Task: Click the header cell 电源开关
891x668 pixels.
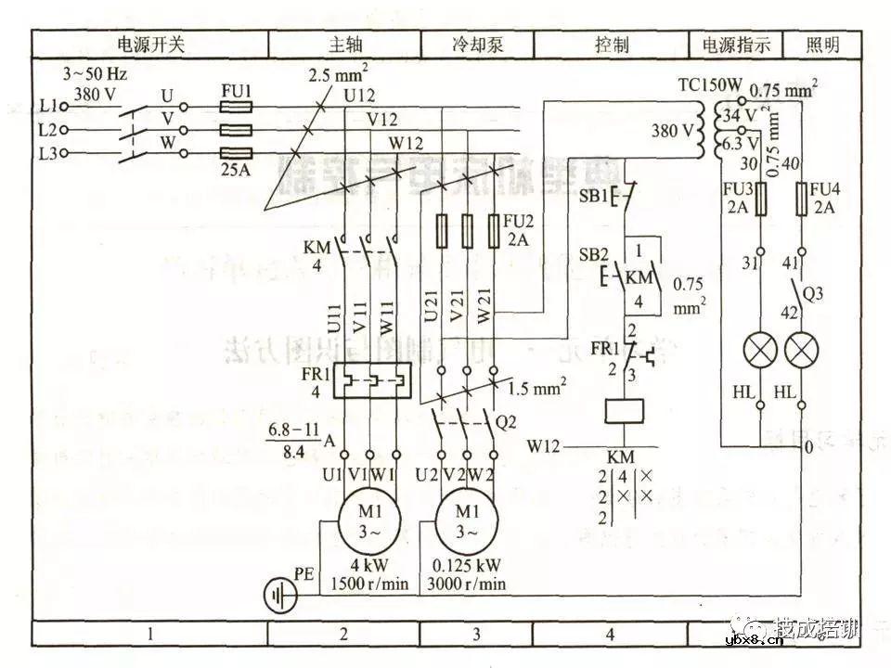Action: click(x=151, y=44)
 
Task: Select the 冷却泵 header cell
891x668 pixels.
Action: click(x=477, y=44)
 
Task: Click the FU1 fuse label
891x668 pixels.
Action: click(x=236, y=92)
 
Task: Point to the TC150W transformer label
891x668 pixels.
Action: click(x=710, y=85)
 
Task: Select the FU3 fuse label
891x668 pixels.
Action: click(x=736, y=190)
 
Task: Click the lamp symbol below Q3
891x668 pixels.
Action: click(x=801, y=351)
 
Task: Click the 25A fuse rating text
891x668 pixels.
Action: click(x=236, y=171)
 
